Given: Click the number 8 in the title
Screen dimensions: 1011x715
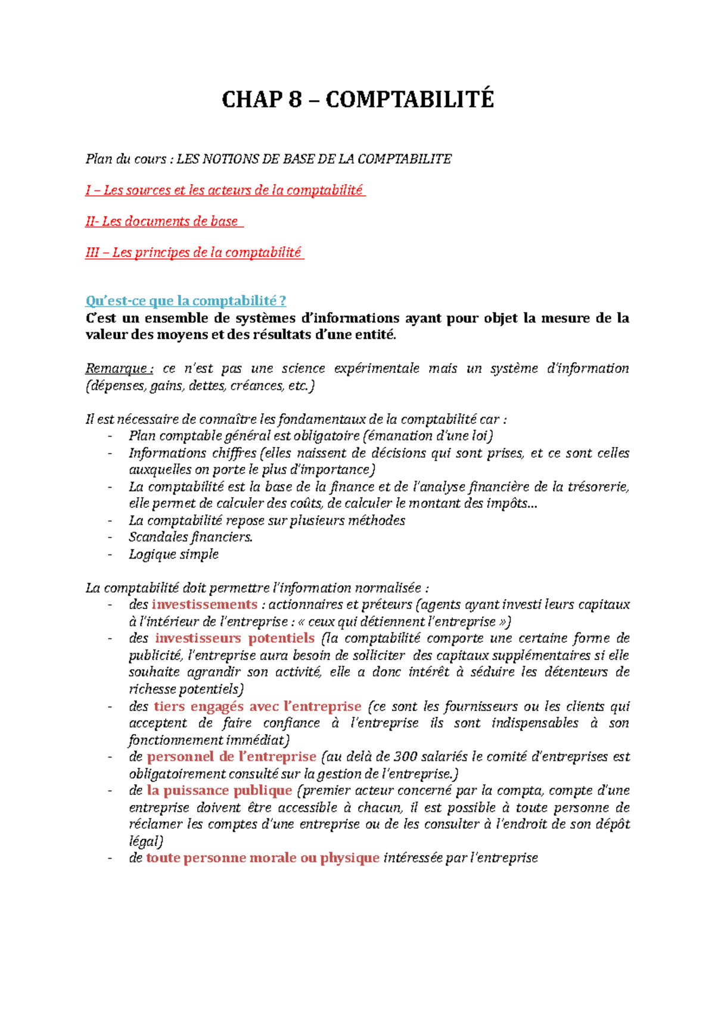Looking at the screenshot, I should point(295,99).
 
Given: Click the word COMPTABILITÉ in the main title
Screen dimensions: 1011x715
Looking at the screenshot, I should point(410,99).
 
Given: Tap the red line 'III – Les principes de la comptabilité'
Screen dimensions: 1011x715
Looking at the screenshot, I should point(194,252).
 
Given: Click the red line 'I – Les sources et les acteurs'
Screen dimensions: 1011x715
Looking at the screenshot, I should point(224,191).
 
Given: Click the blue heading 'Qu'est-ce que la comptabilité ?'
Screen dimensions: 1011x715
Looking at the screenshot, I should point(186,301).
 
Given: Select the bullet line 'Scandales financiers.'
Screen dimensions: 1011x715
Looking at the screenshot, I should point(191,537).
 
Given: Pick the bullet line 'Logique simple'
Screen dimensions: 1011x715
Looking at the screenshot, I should point(173,554).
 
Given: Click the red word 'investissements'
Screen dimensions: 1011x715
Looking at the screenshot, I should point(204,604).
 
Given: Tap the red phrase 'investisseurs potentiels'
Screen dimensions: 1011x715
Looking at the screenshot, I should point(235,638).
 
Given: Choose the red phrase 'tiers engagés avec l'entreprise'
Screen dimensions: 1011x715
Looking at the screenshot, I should point(257,707).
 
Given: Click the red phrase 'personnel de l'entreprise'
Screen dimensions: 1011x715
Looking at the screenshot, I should point(231,757).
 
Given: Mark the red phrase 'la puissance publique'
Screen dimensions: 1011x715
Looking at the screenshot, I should point(219,791).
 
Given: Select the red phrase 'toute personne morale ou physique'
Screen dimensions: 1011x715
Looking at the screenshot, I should point(263,858).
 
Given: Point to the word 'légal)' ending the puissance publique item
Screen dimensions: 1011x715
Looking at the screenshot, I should point(145,841).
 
